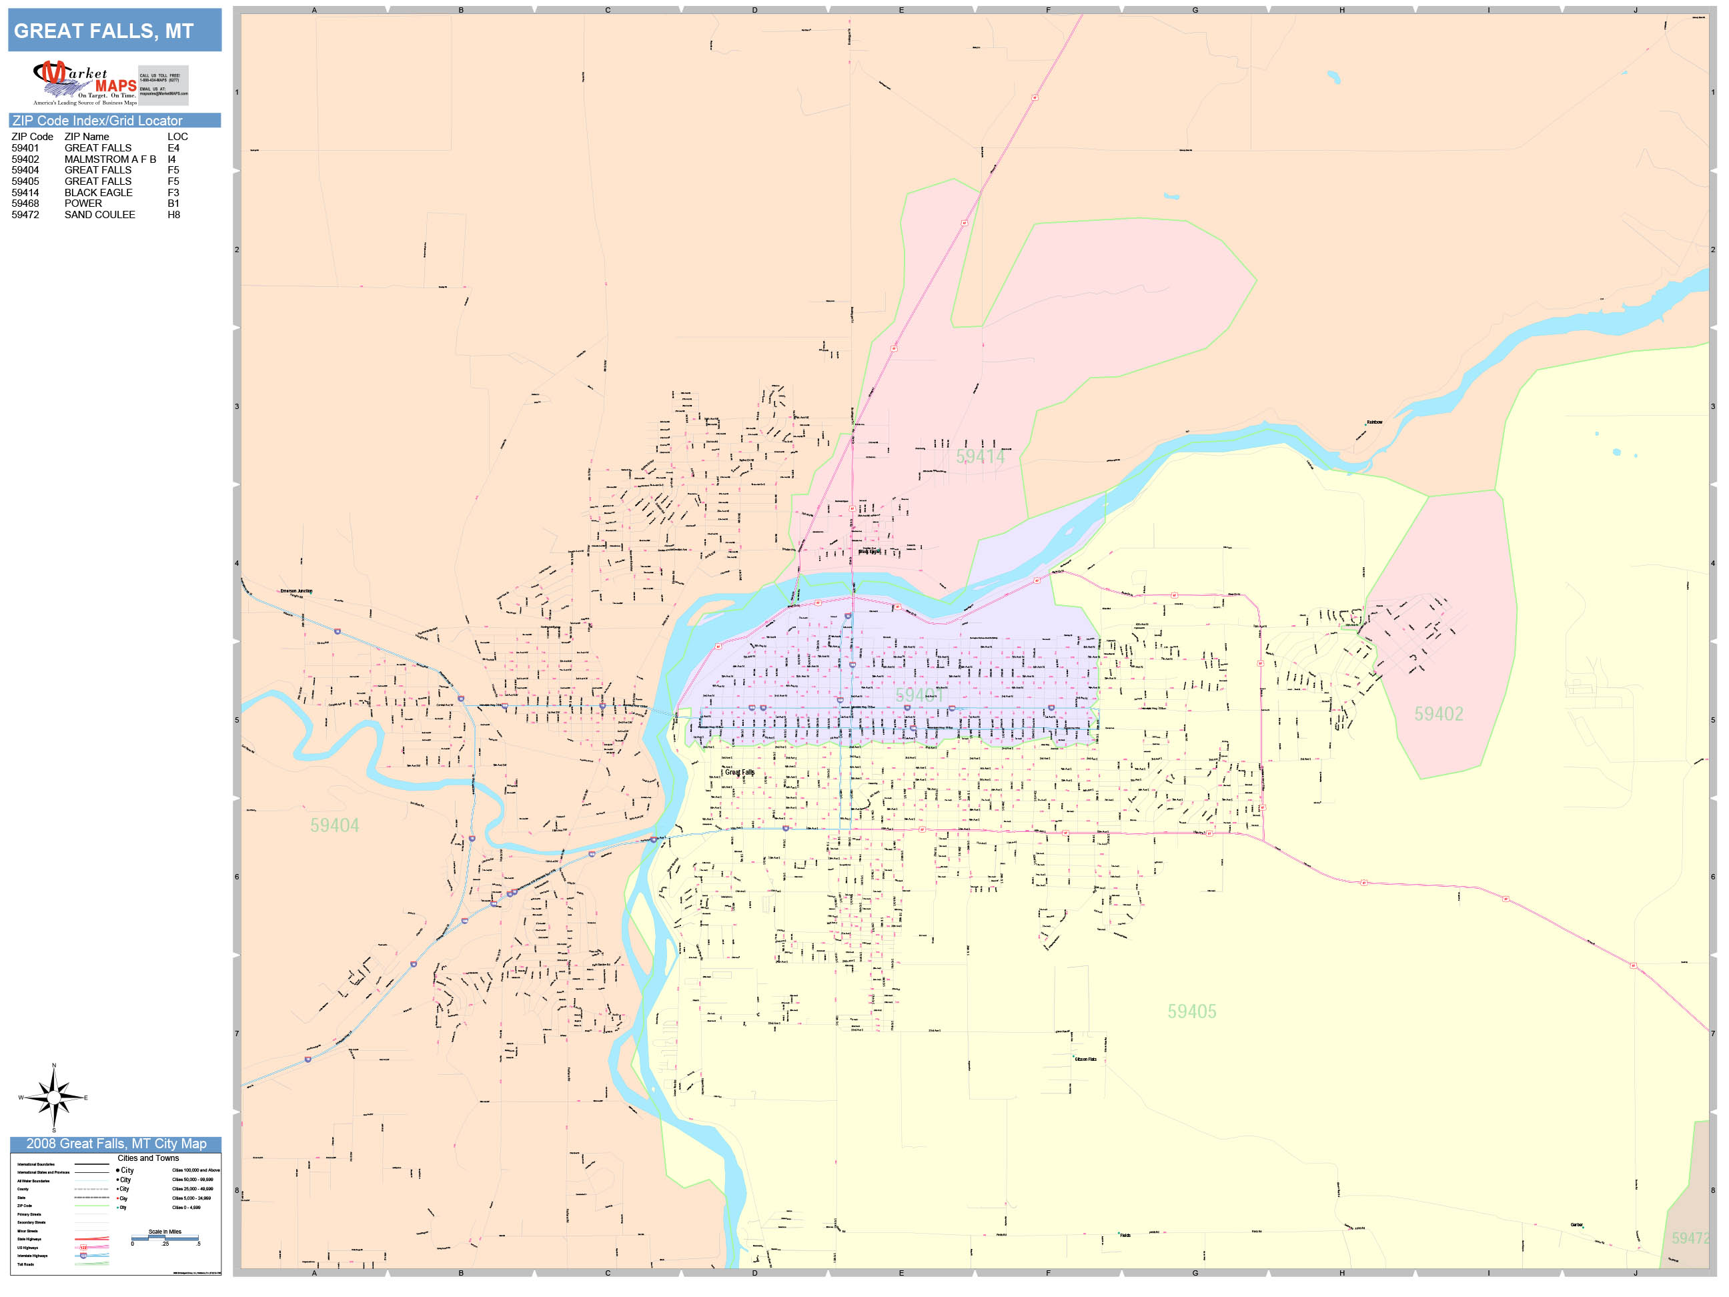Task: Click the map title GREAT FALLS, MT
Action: click(x=104, y=31)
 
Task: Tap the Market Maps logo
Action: click(x=85, y=83)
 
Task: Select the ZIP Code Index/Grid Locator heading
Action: click(x=97, y=120)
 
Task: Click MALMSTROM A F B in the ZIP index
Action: click(x=110, y=159)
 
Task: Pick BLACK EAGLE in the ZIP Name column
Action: click(x=99, y=192)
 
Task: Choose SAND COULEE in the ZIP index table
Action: click(x=100, y=215)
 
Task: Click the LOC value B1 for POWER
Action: click(x=173, y=203)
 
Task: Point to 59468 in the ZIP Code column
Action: click(x=25, y=203)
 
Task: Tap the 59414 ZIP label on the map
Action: click(x=979, y=457)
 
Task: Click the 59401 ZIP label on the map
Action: click(x=919, y=696)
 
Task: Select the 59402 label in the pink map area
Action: click(x=1438, y=714)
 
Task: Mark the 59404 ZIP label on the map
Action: click(x=335, y=825)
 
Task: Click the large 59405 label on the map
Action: click(x=1191, y=1011)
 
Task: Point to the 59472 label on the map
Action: click(x=1689, y=1238)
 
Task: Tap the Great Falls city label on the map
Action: click(x=740, y=773)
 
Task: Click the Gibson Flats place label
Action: click(x=1086, y=1059)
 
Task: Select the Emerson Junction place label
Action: click(x=296, y=591)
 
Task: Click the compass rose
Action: click(x=53, y=1098)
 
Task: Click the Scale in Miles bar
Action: click(x=165, y=1238)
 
